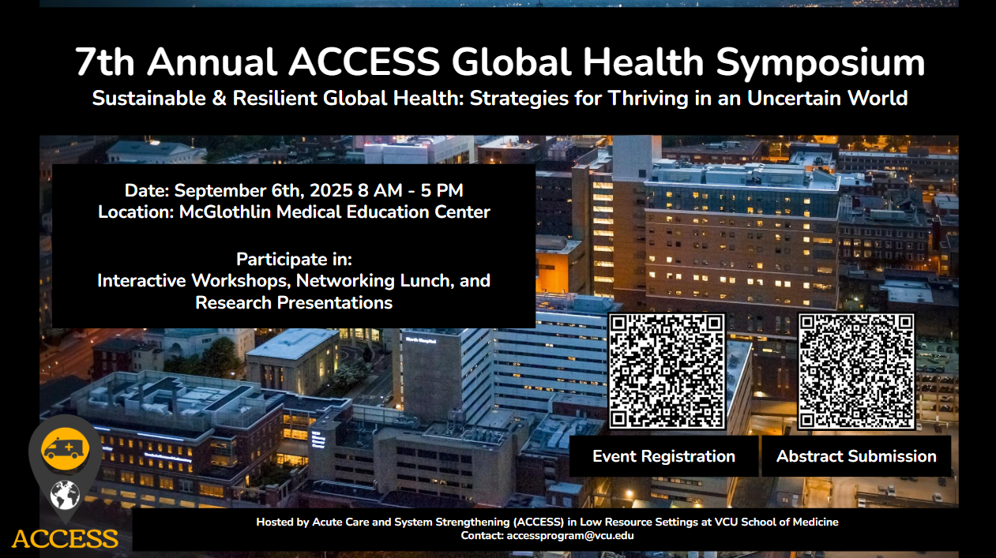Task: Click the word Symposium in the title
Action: pyautogui.click(x=821, y=63)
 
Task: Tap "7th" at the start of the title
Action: pyautogui.click(x=104, y=62)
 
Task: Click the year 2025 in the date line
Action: pyautogui.click(x=331, y=190)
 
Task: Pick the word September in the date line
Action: pyautogui.click(x=220, y=191)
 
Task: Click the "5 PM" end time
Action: pyautogui.click(x=442, y=190)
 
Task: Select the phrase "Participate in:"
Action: pyautogui.click(x=294, y=260)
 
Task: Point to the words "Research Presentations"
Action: pyautogui.click(x=294, y=303)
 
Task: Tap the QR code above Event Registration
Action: pyautogui.click(x=667, y=371)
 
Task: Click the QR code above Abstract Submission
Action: pyautogui.click(x=856, y=372)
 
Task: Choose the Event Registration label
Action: pyautogui.click(x=663, y=456)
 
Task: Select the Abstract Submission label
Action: pyautogui.click(x=856, y=456)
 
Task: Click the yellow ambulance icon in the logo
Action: pyautogui.click(x=65, y=449)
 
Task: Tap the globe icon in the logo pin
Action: pyautogui.click(x=65, y=495)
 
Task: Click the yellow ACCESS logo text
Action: pyautogui.click(x=65, y=538)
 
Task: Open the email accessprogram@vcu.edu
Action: pyautogui.click(x=570, y=536)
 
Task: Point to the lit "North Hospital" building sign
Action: pyautogui.click(x=421, y=340)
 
